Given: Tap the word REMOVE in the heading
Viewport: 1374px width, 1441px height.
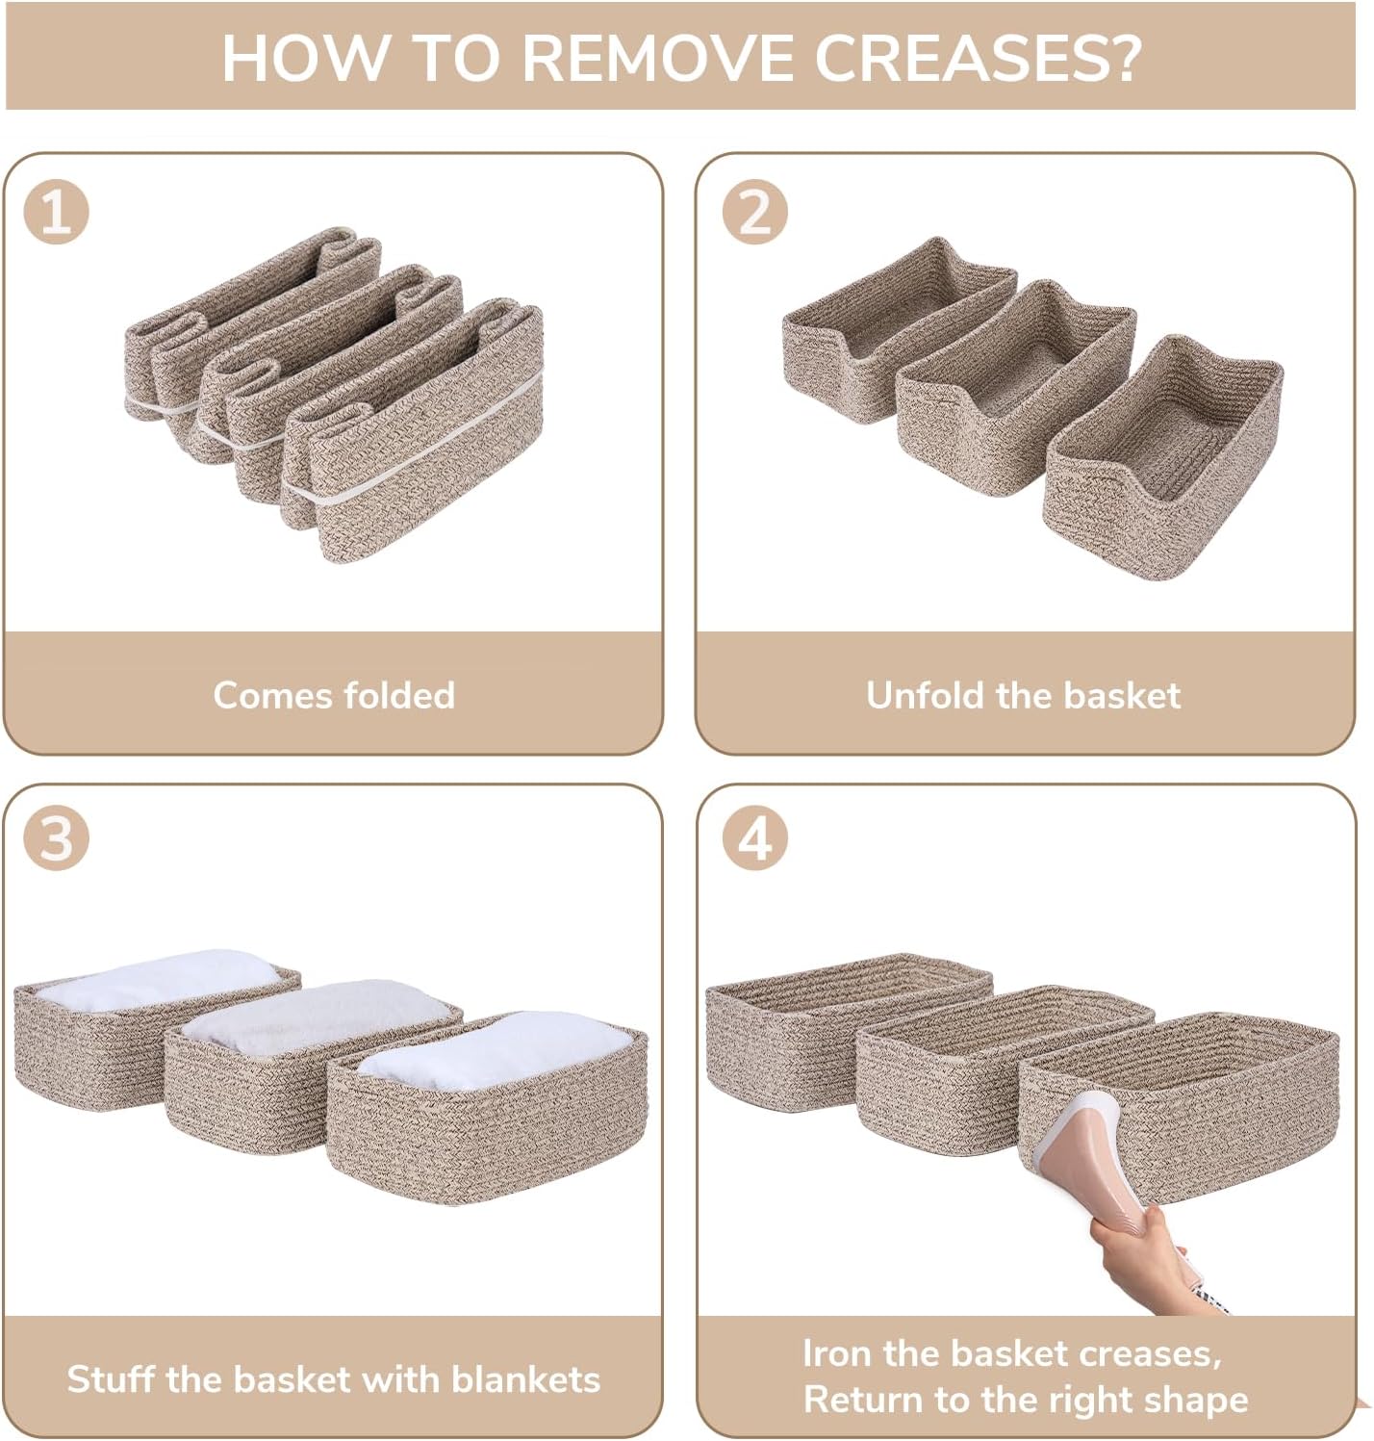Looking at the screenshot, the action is (657, 57).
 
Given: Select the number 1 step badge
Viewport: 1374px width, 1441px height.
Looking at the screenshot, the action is (56, 212).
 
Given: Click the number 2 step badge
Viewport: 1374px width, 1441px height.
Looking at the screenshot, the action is (754, 212).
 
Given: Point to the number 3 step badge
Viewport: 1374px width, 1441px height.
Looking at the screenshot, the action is (56, 837).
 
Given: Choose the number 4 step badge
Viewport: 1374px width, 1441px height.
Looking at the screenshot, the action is (754, 837).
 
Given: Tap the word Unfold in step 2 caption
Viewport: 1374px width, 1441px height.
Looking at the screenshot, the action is (925, 695).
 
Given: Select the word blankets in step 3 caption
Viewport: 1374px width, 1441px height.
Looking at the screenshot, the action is (525, 1379).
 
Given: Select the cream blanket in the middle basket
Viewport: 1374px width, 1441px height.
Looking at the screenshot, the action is (317, 1016).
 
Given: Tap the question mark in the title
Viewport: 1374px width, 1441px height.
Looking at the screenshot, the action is (1125, 57).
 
